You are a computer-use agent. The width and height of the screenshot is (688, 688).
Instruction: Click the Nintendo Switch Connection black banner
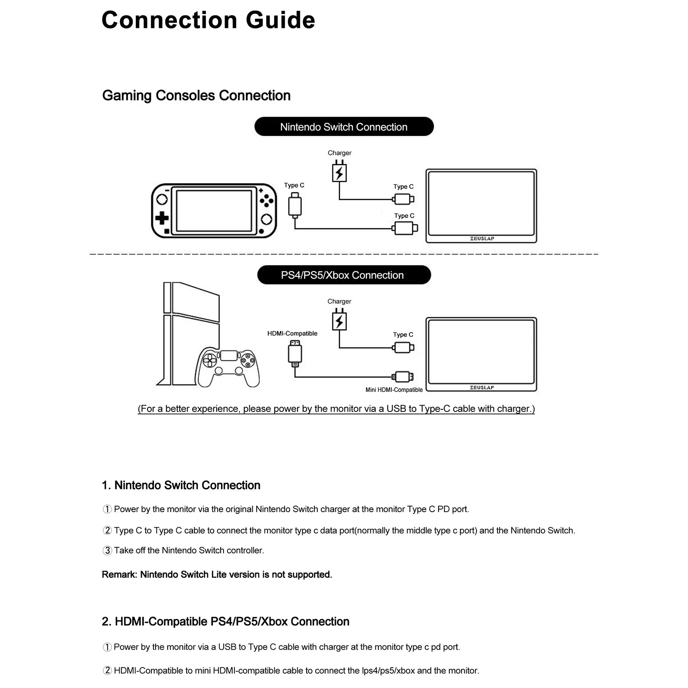[x=344, y=127]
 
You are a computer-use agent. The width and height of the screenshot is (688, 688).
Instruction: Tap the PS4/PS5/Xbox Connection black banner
[x=344, y=275]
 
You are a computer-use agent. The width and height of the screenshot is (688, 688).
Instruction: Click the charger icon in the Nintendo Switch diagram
[x=339, y=173]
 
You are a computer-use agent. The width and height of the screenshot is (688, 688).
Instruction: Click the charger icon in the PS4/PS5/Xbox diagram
[x=339, y=321]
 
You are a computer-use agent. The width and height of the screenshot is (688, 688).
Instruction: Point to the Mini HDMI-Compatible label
[x=394, y=390]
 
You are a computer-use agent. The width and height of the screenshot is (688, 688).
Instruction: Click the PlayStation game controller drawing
[x=227, y=367]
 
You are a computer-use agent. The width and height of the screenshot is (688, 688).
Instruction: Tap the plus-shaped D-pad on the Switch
[x=162, y=218]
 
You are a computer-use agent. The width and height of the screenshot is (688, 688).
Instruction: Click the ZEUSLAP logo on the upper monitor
[x=482, y=239]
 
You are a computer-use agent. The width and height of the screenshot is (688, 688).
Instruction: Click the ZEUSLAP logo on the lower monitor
[x=482, y=388]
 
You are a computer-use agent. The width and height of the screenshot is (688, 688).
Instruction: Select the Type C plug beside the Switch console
[x=295, y=205]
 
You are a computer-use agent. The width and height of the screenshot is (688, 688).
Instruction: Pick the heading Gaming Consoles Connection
[x=196, y=95]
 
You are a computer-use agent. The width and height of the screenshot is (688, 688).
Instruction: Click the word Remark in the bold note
[x=119, y=575]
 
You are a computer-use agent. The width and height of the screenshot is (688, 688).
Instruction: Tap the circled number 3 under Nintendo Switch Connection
[x=107, y=551]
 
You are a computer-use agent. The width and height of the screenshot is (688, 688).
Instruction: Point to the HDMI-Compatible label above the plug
[x=292, y=334]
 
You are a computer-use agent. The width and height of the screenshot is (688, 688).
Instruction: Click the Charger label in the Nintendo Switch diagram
[x=339, y=153]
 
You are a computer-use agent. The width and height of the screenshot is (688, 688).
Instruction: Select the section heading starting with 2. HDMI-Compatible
[x=225, y=622]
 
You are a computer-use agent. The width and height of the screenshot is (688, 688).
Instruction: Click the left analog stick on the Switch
[x=162, y=200]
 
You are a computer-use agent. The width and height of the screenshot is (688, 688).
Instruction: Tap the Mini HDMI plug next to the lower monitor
[x=403, y=377]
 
